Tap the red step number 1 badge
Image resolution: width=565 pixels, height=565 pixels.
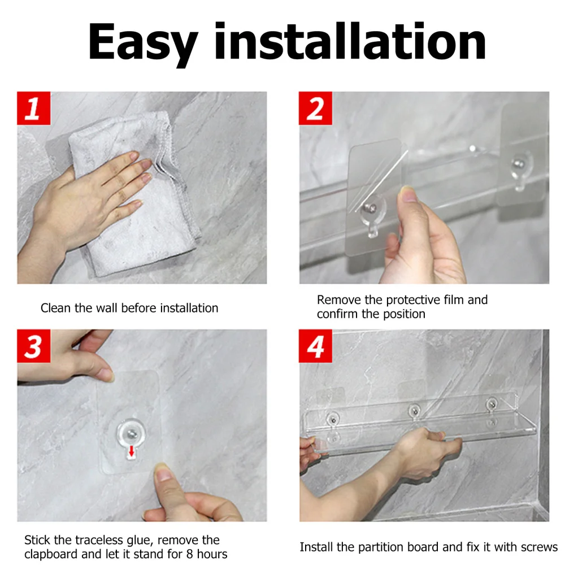tap(33, 108)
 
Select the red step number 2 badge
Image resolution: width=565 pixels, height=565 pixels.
tap(315, 108)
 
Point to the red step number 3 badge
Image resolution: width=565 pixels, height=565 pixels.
tap(33, 346)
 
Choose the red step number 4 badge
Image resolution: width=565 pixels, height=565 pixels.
tap(315, 346)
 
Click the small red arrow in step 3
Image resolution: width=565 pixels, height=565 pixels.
tap(132, 450)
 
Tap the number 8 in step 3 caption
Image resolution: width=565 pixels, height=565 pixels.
tap(190, 554)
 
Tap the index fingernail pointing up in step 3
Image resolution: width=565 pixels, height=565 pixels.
tap(164, 473)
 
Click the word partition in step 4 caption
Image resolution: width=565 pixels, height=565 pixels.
tap(381, 547)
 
